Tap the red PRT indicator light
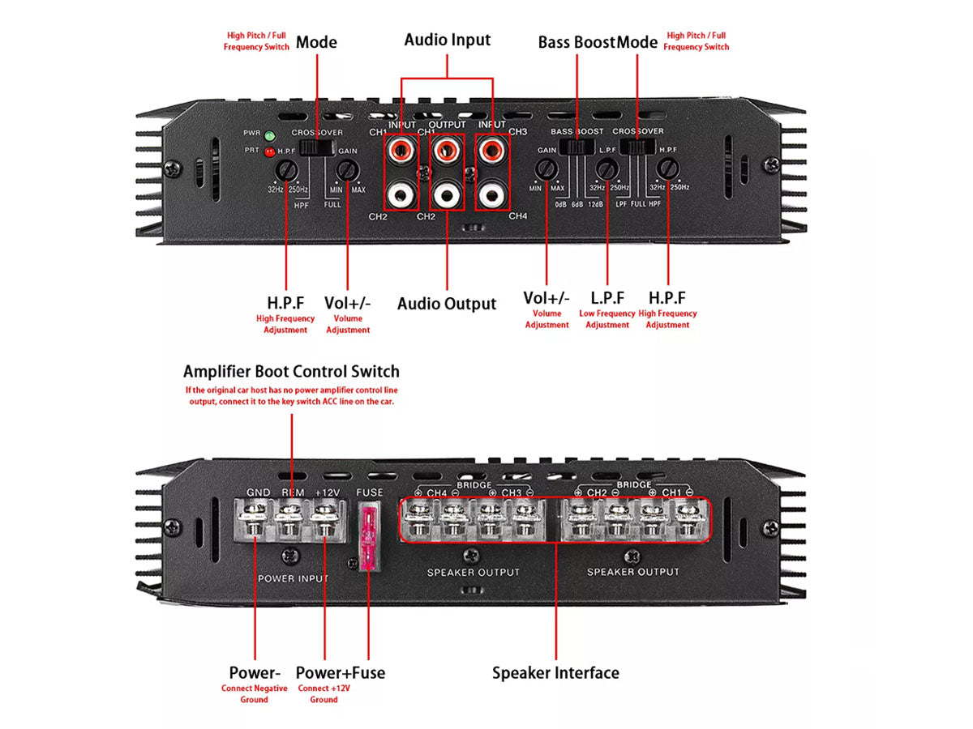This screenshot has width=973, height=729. pyautogui.click(x=268, y=151)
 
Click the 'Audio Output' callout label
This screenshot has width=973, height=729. pyautogui.click(x=446, y=304)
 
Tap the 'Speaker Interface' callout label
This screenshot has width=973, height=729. pyautogui.click(x=555, y=672)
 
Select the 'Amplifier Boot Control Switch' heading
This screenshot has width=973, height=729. pyautogui.click(x=291, y=372)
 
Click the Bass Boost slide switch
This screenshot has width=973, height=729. pyautogui.click(x=577, y=147)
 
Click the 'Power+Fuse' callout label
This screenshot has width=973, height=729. pyautogui.click(x=340, y=672)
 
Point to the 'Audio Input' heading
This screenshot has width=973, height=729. pyautogui.click(x=447, y=40)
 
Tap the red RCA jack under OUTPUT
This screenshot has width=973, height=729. pyautogui.click(x=445, y=150)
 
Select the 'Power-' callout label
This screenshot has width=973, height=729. pyautogui.click(x=255, y=672)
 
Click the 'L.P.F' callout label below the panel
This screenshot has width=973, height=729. pyautogui.click(x=607, y=299)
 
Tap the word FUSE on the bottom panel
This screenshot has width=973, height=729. pyautogui.click(x=369, y=492)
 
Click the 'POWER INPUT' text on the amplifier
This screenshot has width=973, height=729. pyautogui.click(x=293, y=578)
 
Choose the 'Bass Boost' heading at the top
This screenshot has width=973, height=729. pyautogui.click(x=577, y=42)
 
